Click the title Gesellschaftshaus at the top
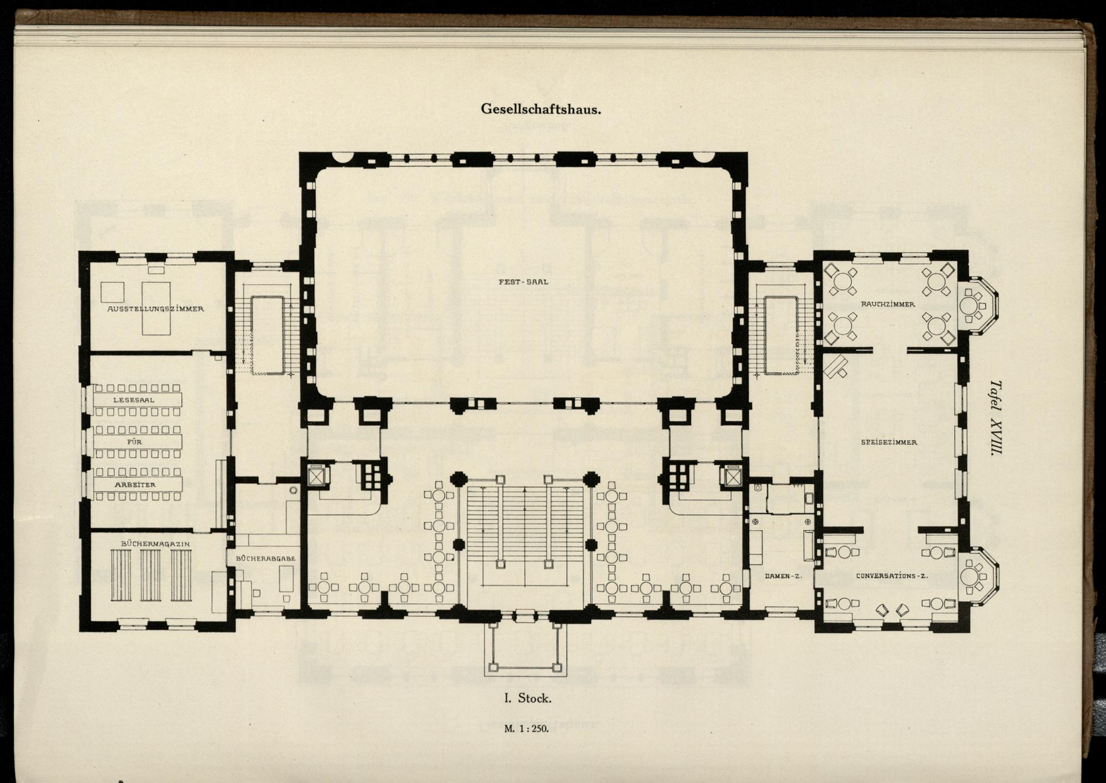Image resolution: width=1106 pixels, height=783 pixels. click(541, 109)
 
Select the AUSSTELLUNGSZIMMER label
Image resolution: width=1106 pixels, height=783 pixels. click(155, 309)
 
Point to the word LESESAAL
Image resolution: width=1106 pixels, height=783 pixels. click(134, 400)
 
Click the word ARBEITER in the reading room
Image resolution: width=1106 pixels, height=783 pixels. click(135, 485)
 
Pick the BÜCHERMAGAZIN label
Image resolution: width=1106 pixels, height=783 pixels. click(155, 544)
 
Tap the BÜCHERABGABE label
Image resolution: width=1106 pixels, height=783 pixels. click(265, 558)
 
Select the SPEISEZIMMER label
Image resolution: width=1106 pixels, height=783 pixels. click(889, 442)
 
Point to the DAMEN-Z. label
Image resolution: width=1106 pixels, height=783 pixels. click(783, 576)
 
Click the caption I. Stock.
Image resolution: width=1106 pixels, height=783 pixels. click(527, 698)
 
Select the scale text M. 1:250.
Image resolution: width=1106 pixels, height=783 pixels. click(526, 729)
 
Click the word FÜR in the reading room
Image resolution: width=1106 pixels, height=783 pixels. click(134, 442)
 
